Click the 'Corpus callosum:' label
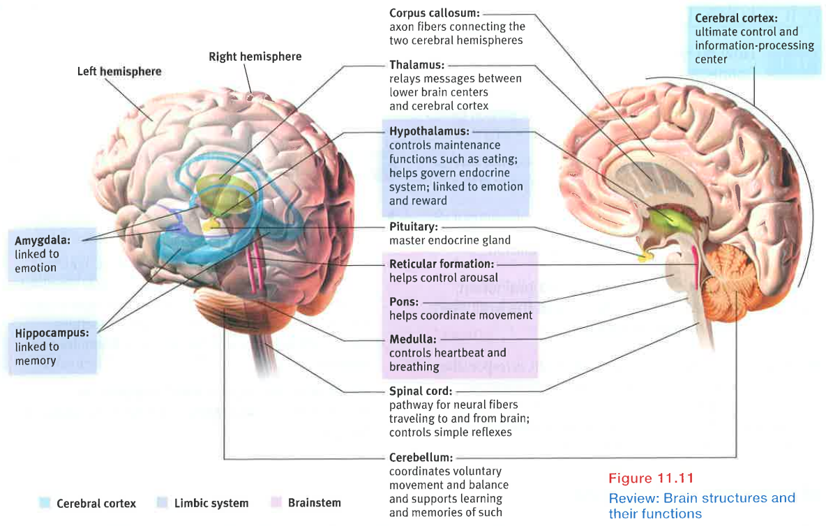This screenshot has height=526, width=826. (433, 13)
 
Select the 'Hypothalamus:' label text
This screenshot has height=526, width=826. (429, 131)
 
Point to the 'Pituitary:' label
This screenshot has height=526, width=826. (414, 227)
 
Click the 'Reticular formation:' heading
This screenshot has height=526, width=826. (442, 264)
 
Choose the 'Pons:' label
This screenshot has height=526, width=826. (404, 302)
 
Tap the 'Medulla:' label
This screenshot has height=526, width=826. (412, 340)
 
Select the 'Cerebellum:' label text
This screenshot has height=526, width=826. (421, 458)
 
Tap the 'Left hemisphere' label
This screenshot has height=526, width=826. (119, 71)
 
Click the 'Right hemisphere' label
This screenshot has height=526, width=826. (255, 56)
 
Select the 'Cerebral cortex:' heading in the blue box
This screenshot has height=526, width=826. (736, 18)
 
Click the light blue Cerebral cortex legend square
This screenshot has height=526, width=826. (45, 503)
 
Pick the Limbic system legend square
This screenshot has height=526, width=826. (162, 503)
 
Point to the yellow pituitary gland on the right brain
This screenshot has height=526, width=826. (646, 256)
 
